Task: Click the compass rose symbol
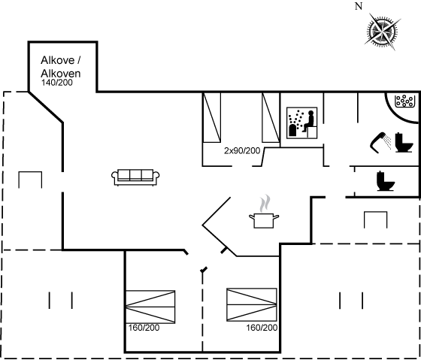(x=383, y=32)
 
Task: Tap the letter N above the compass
(x=359, y=6)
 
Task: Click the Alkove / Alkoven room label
(x=61, y=67)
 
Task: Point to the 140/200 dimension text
(x=57, y=83)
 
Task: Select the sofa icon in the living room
(x=135, y=177)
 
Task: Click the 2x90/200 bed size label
(x=242, y=151)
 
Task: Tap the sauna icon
(x=301, y=123)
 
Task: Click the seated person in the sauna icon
(x=309, y=121)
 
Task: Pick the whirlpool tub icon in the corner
(x=404, y=101)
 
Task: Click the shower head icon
(x=380, y=143)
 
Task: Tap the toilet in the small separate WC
(x=386, y=181)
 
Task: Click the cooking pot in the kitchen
(x=264, y=221)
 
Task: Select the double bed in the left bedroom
(x=150, y=307)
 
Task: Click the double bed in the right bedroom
(x=252, y=304)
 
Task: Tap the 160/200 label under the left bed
(x=144, y=328)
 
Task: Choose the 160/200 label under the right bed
(x=262, y=328)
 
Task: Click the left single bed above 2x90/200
(x=212, y=117)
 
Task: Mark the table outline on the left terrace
(x=30, y=172)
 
